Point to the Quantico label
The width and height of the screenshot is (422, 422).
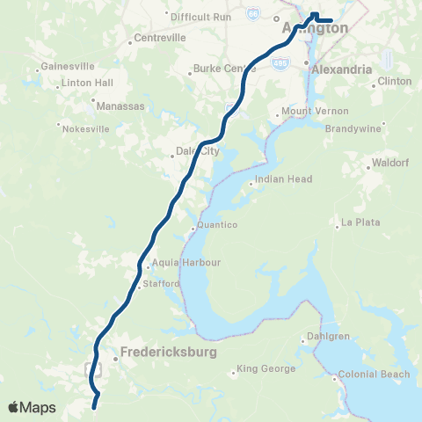(217, 225)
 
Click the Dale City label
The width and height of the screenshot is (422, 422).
(197, 151)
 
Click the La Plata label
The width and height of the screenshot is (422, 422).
(361, 222)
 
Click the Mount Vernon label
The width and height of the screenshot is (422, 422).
(309, 113)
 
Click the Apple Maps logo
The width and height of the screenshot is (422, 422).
(32, 407)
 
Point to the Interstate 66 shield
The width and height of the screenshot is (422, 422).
(254, 14)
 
